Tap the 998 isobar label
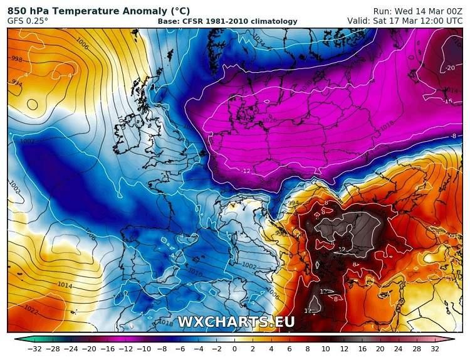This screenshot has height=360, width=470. tap(16, 60)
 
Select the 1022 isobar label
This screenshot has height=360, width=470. tap(31, 309)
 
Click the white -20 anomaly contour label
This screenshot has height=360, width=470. tap(450, 68)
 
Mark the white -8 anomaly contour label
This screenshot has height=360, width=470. tap(452, 135)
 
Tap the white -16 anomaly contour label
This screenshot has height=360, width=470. tap(448, 101)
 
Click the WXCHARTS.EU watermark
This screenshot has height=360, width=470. tap(236, 322)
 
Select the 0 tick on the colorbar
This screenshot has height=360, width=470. tap(234, 349)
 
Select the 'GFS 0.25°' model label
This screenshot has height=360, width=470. tap(28, 21)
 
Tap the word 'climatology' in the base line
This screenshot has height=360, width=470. tap(274, 22)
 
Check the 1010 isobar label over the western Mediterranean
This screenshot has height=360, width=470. tap(195, 273)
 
